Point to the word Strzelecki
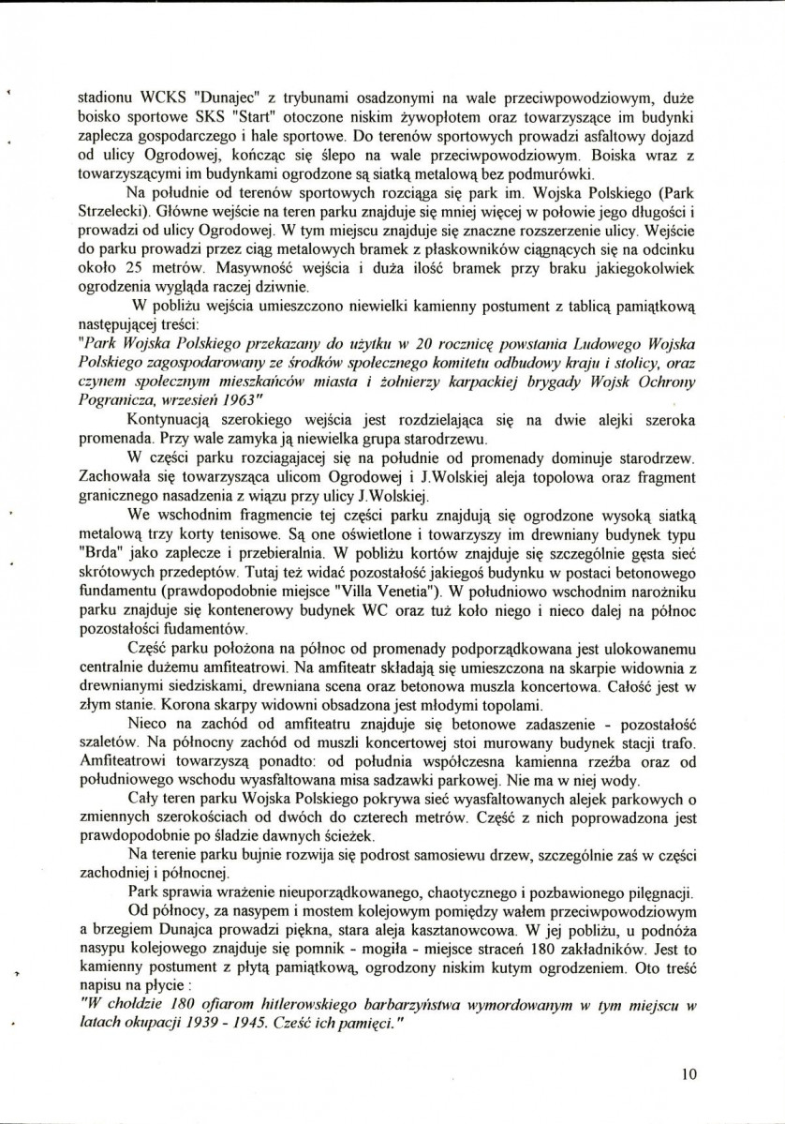pyautogui.click(x=113, y=213)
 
